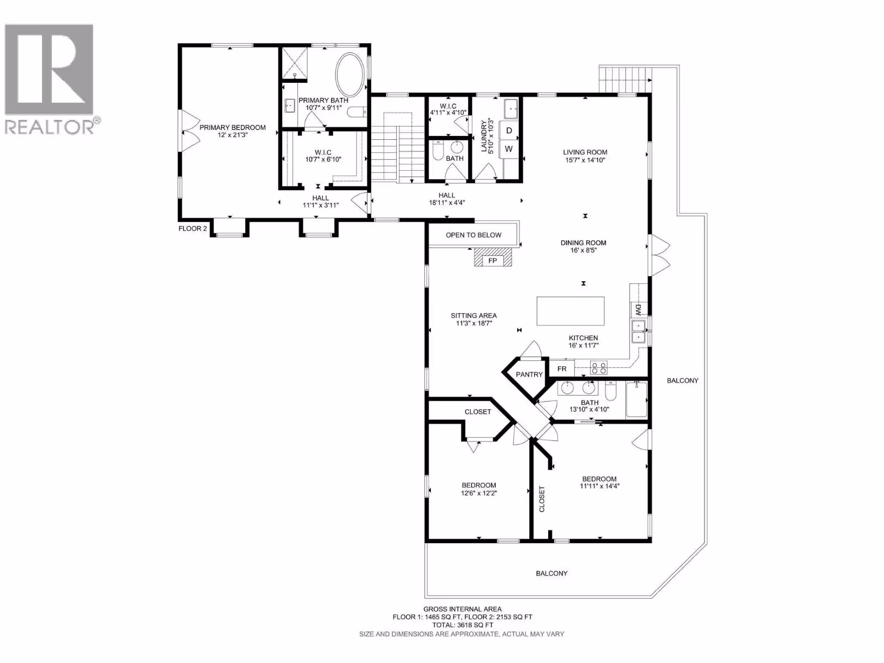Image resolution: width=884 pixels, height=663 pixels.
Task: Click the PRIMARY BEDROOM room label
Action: (x=233, y=128)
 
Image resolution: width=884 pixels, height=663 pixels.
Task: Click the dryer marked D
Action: (x=509, y=130)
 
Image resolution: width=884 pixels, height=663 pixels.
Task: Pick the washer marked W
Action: (x=509, y=149)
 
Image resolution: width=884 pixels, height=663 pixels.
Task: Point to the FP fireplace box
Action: (x=492, y=261)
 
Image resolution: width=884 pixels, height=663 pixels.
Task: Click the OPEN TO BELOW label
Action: (x=473, y=235)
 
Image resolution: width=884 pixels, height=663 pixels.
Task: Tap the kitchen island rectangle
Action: (x=570, y=311)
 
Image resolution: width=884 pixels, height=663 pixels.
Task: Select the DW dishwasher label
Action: (x=638, y=309)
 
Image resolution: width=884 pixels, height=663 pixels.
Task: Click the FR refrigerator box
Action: (x=562, y=369)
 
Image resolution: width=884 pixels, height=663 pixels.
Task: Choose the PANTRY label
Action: (x=529, y=375)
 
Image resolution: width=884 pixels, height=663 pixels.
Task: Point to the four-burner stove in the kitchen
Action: (x=598, y=368)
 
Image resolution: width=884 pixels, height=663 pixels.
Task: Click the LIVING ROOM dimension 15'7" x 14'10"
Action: (x=585, y=160)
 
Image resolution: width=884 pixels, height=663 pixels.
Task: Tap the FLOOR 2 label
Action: (x=192, y=229)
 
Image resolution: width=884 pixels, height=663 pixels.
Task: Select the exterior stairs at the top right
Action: (x=625, y=80)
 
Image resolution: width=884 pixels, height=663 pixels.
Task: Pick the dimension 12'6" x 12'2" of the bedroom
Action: (x=479, y=493)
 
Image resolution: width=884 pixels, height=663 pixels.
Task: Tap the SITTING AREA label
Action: (x=473, y=315)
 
